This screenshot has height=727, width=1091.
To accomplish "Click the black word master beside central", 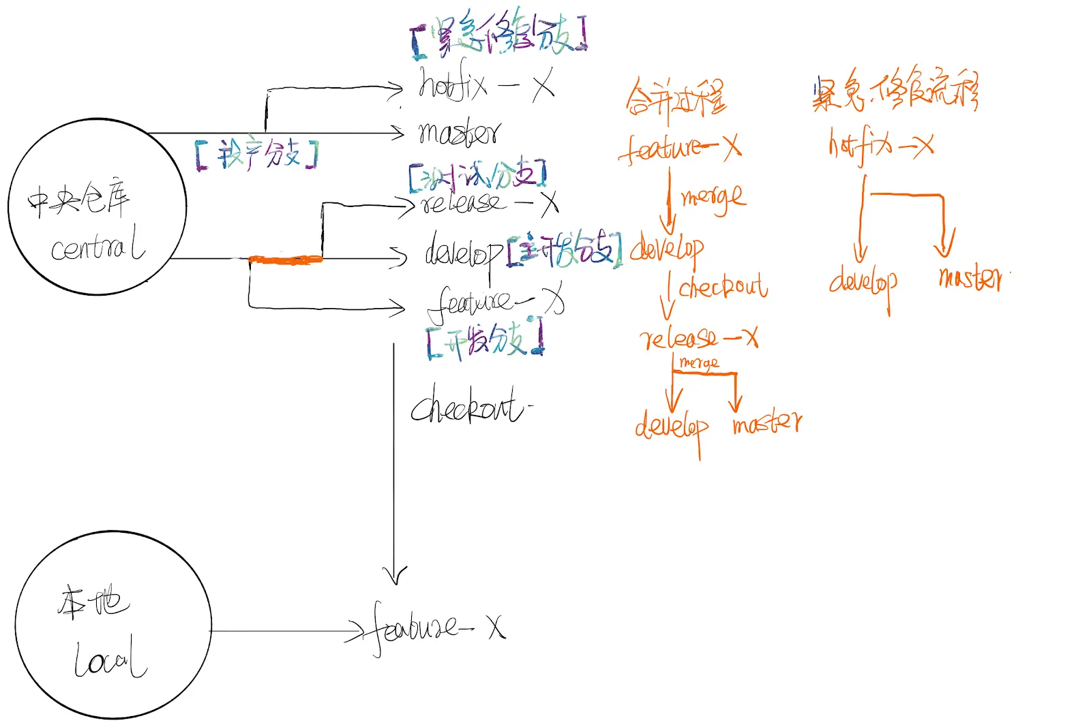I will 459,133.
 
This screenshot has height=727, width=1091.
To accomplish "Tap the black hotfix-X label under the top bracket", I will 485,86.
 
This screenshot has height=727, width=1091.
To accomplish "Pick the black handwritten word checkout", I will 467,407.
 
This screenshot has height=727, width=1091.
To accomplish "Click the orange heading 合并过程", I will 676,99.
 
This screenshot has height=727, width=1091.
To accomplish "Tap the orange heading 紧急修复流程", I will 895,91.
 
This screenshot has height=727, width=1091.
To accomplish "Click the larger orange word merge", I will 713,198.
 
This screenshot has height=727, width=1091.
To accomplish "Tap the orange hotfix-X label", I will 880,145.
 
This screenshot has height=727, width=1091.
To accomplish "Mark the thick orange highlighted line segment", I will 285,260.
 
